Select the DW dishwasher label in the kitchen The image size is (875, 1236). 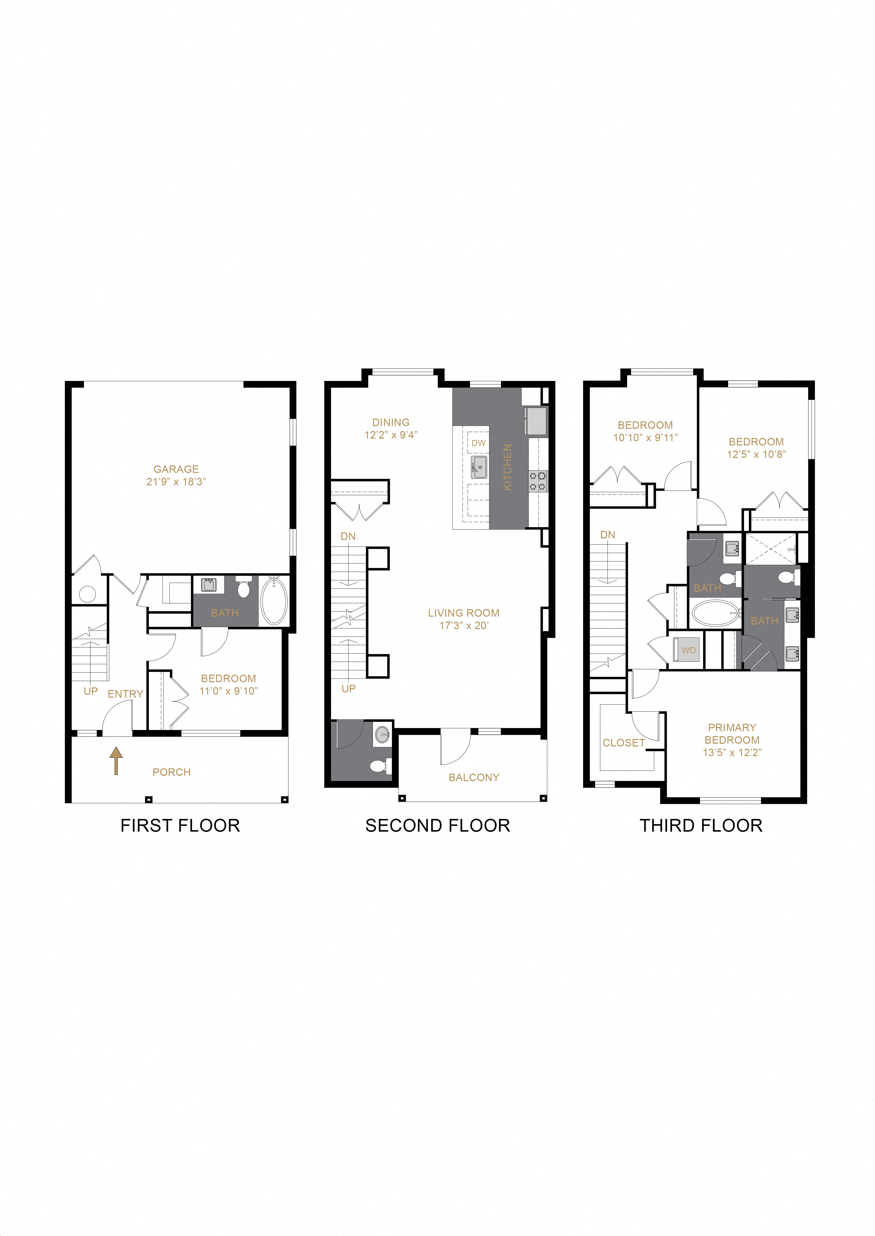pyautogui.click(x=478, y=443)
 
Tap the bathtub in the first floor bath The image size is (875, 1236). pyautogui.click(x=274, y=600)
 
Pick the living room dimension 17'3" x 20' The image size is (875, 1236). pyautogui.click(x=463, y=626)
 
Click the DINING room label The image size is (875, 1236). pyautogui.click(x=391, y=423)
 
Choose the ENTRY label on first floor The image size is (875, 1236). pyautogui.click(x=125, y=694)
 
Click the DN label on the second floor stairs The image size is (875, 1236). pyautogui.click(x=348, y=536)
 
